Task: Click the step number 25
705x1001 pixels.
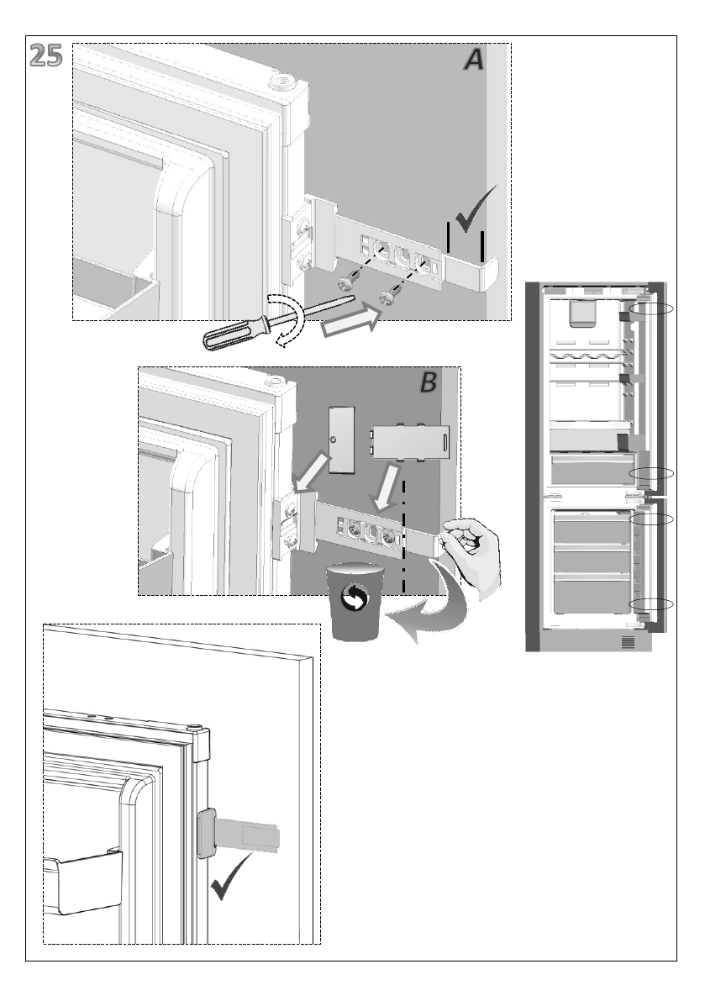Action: (x=46, y=55)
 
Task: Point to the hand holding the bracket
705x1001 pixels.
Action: (x=472, y=551)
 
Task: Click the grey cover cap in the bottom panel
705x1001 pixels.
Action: (x=204, y=833)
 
